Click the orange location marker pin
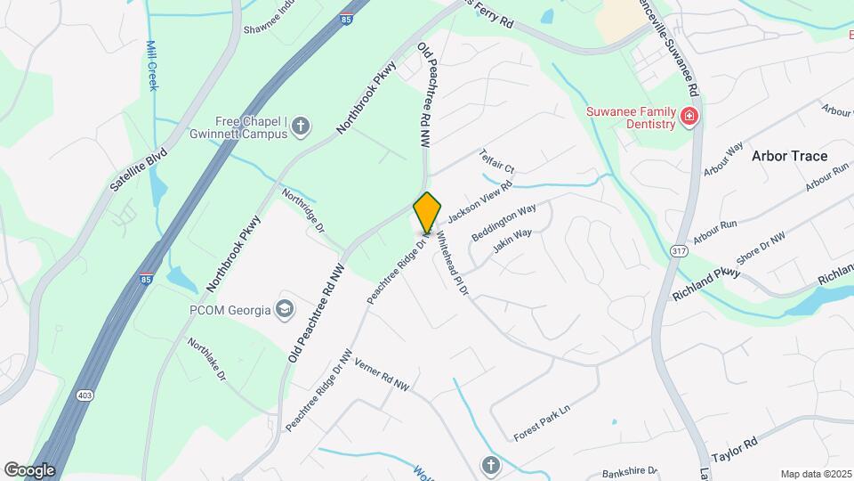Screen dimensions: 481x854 pyautogui.click(x=428, y=212)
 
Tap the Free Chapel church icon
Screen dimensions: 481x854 pyautogui.click(x=301, y=126)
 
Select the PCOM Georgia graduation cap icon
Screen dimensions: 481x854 pyautogui.click(x=285, y=309)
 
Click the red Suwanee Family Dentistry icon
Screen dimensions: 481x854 pyautogui.click(x=688, y=117)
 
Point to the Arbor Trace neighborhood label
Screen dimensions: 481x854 pyautogui.click(x=789, y=156)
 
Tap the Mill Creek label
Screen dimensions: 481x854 pyautogui.click(x=151, y=65)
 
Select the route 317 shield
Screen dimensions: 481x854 pyautogui.click(x=679, y=251)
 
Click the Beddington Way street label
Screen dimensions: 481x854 pyautogui.click(x=504, y=221)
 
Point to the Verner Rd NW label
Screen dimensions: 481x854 pyautogui.click(x=382, y=375)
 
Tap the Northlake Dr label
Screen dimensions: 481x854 pyautogui.click(x=206, y=360)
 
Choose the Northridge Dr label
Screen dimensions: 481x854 pyautogui.click(x=302, y=210)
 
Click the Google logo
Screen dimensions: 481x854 pyautogui.click(x=29, y=469)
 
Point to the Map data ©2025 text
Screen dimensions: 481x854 pyautogui.click(x=814, y=473)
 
